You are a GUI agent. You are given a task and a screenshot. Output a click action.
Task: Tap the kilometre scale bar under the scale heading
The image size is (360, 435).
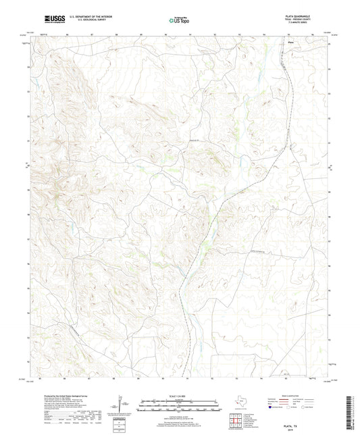coord(179,408)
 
